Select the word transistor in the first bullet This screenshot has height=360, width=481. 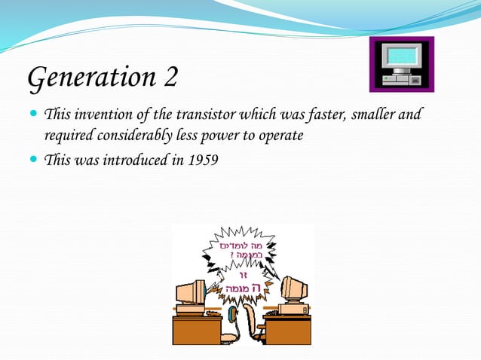click(206, 116)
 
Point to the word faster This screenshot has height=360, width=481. click(305, 116)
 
